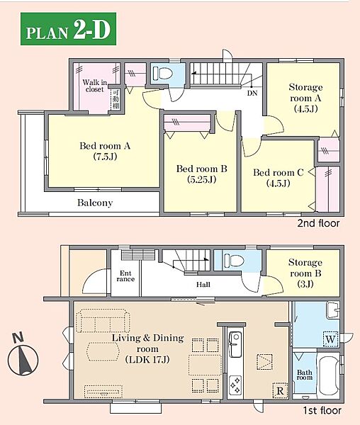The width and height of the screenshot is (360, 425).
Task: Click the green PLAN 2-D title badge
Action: coord(68,29)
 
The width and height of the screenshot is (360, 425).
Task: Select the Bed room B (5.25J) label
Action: coord(202,174)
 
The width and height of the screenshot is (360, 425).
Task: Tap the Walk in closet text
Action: coord(95,86)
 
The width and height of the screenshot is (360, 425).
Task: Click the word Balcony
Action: coord(95,203)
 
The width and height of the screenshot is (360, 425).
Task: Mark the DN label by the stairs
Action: coord(252,93)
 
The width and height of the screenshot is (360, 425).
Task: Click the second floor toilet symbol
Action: coord(163,73)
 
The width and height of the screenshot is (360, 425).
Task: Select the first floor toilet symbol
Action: coord(234,261)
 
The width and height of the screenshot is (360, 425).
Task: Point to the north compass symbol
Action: coord(23,357)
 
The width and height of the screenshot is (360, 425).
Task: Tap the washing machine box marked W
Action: coord(331,339)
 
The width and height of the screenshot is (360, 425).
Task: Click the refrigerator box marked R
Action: coord(280,390)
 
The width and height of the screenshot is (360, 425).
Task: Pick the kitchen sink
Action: coord(235,344)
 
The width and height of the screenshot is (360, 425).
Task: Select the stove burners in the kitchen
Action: coord(235,385)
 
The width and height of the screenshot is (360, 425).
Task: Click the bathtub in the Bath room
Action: coord(329,375)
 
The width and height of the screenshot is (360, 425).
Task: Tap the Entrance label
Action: coord(125,276)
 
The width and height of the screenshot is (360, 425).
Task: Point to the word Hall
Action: coord(203,284)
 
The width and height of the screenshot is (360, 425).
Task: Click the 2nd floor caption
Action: coord(318,223)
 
